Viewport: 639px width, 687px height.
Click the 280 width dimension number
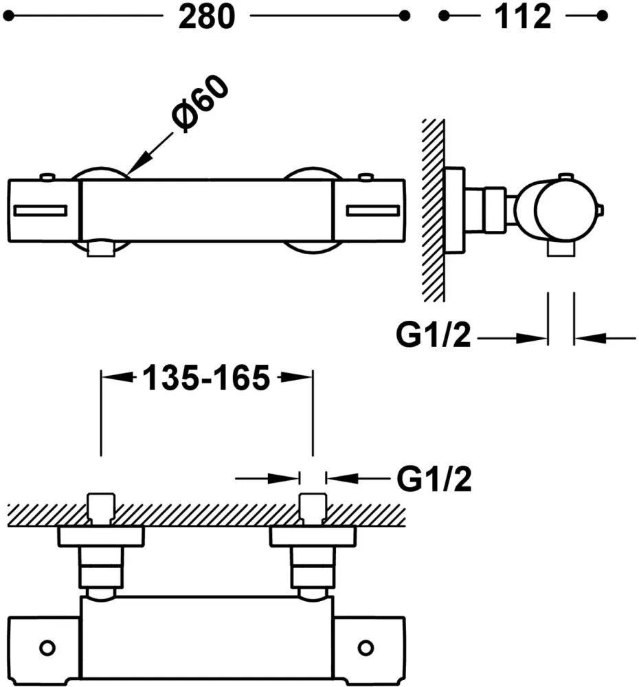206,16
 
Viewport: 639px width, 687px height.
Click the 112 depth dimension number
522,16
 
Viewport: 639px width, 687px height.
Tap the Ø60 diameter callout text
202,103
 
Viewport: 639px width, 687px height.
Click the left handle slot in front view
40,210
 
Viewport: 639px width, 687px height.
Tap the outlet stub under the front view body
102,248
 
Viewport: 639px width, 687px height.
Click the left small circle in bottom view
47,647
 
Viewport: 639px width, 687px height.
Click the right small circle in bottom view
366,647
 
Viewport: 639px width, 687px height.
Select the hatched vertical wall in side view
433,210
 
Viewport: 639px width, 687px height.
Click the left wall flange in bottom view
102,537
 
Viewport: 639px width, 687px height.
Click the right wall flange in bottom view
313,537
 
